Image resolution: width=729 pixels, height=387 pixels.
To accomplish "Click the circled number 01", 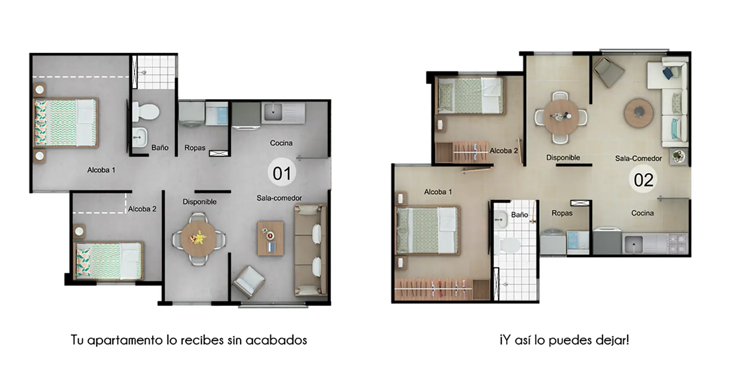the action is [x=282, y=173].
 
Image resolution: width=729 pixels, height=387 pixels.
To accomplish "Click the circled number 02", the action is [x=643, y=179].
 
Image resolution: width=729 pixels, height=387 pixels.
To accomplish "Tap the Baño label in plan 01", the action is [x=160, y=147].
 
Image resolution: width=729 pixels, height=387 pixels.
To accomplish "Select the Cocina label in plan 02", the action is [x=642, y=213].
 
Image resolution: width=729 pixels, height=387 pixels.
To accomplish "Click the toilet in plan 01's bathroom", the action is [x=145, y=111].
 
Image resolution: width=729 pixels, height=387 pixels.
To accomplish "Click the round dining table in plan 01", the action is [x=198, y=239].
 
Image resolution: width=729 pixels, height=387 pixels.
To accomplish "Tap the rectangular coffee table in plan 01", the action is [x=270, y=238].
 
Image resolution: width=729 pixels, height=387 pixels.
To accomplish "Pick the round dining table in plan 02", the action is [x=561, y=117].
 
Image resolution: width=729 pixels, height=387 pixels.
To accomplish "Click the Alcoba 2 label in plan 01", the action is [x=142, y=209].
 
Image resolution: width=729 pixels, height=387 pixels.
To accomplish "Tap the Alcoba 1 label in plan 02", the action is [x=438, y=192].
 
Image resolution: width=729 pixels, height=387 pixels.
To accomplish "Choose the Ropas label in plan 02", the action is [x=562, y=213].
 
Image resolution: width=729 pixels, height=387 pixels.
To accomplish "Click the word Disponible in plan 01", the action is [x=199, y=202].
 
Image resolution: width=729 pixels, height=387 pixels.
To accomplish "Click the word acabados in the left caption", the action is [x=276, y=340].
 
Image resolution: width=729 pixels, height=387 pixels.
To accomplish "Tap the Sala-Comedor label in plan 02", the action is [x=638, y=159].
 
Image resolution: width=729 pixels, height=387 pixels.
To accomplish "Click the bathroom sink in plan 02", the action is [x=501, y=219].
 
